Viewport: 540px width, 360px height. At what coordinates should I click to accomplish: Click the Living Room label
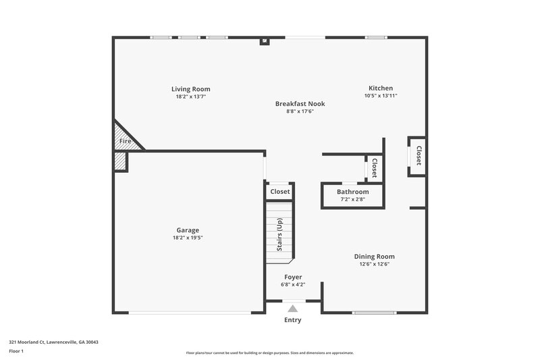(x=190, y=89)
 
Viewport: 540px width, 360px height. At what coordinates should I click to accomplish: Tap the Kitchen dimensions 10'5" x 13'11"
(x=380, y=97)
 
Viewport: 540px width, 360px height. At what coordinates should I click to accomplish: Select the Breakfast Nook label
(x=300, y=104)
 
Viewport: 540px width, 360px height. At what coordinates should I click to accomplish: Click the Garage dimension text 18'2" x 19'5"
(x=188, y=238)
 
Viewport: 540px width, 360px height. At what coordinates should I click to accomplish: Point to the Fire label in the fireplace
(x=126, y=141)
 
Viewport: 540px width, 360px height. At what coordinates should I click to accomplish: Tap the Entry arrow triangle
(x=293, y=307)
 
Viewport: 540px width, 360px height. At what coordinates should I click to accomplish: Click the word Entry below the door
(x=293, y=320)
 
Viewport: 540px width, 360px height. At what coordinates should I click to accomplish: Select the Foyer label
(x=293, y=277)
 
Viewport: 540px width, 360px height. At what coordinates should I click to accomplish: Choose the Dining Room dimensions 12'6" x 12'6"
(x=375, y=264)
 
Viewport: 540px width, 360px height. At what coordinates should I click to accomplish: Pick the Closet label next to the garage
(x=279, y=192)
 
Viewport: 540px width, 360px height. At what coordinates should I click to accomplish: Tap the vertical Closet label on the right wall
(x=418, y=156)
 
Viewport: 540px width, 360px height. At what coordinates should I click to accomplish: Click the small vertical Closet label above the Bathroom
(x=374, y=168)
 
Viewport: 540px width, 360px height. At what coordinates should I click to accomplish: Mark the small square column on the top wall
(x=265, y=41)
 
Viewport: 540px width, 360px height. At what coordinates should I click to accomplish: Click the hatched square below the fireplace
(x=119, y=161)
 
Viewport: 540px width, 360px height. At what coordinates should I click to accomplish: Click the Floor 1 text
(x=16, y=351)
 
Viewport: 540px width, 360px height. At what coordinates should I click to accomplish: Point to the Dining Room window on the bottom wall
(x=374, y=312)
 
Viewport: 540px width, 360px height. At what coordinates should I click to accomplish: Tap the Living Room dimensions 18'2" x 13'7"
(x=190, y=97)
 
